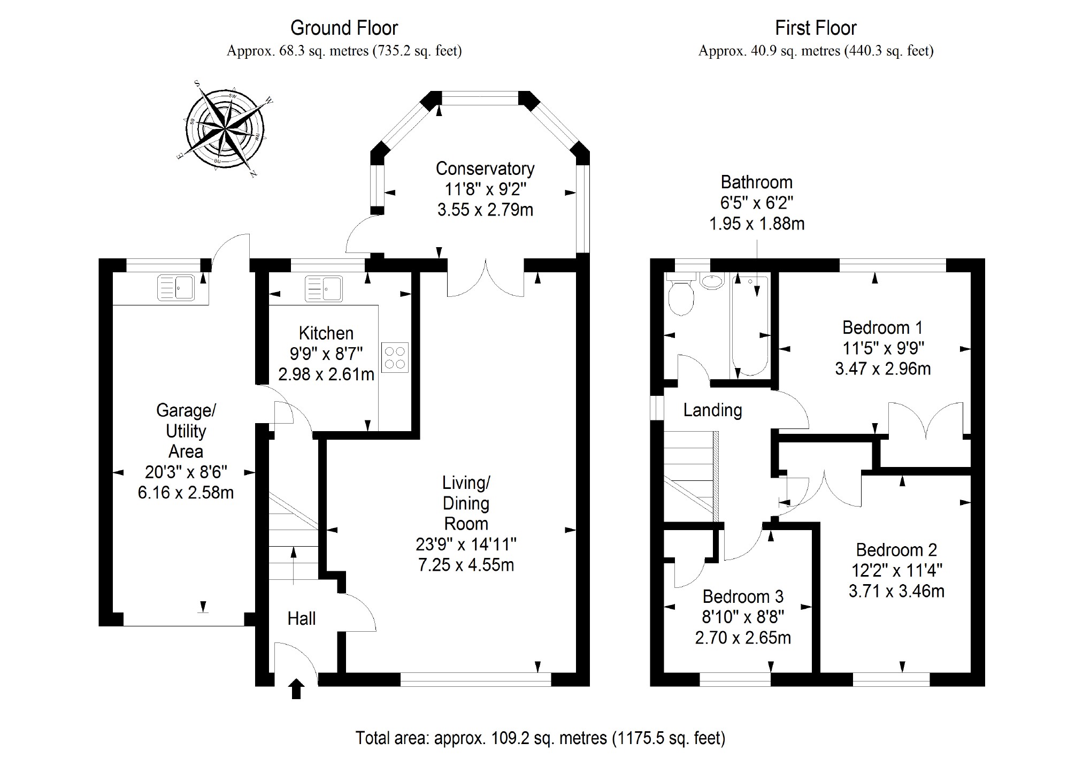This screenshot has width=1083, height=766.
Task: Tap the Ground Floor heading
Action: coord(344,28)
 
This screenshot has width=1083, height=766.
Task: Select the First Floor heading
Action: coord(816,28)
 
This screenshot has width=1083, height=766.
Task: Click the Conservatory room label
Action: coord(485,169)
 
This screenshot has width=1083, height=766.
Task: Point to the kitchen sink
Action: coord(324,288)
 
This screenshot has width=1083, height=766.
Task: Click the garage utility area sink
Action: coord(176,287)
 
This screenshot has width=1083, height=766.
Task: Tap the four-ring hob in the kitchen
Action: coord(395,357)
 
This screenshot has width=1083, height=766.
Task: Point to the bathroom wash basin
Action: coord(711,281)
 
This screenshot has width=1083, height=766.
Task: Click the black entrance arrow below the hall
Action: coord(296,689)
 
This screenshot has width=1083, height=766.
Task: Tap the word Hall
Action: coord(302,619)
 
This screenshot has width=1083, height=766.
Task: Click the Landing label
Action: coord(712,410)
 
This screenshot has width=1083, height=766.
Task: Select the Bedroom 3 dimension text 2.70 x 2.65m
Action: coord(743,638)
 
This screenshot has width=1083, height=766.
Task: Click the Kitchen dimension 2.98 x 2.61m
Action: coord(326,374)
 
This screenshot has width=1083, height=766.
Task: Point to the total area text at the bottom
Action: coord(540,738)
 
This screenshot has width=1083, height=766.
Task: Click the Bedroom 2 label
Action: coord(896,550)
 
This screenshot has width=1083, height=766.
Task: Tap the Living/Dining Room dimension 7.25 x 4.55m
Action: coord(466,565)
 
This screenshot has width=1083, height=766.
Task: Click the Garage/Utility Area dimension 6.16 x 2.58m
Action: coord(186,492)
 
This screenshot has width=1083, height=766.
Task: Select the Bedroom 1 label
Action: coord(882,327)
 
